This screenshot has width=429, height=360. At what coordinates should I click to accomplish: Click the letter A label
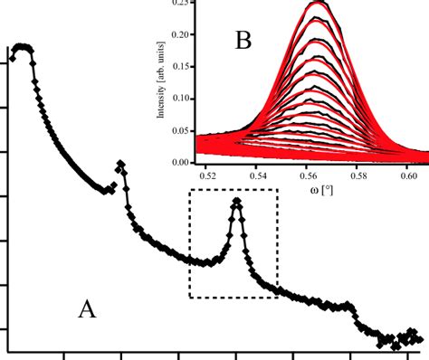pyautogui.click(x=87, y=309)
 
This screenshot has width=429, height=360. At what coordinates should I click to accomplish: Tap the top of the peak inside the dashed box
pyautogui.click(x=237, y=201)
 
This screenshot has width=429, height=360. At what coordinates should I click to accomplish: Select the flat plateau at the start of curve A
pyautogui.click(x=23, y=48)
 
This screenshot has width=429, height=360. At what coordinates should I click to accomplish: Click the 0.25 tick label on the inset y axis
pyautogui.click(x=181, y=5)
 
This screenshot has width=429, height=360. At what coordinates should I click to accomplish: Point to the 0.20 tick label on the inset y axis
pyautogui.click(x=181, y=35)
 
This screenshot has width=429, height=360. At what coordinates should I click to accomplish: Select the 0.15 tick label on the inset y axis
pyautogui.click(x=181, y=66)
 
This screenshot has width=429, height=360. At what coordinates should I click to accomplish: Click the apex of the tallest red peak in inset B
pyautogui.click(x=317, y=5)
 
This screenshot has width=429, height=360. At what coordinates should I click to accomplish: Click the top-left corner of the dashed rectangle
pyautogui.click(x=189, y=190)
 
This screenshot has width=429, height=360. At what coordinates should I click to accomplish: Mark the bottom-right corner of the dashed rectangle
pyautogui.click(x=277, y=297)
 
